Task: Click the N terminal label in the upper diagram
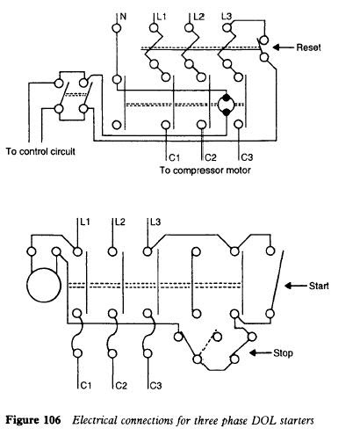click(123, 17)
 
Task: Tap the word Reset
click(308, 47)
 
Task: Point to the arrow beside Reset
click(283, 47)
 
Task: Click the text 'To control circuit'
click(40, 151)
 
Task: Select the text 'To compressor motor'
click(205, 171)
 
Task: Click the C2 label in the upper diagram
click(210, 157)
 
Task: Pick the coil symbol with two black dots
click(226, 105)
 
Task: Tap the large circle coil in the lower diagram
click(44, 285)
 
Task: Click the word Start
click(319, 286)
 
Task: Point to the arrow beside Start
click(296, 286)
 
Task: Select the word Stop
click(283, 353)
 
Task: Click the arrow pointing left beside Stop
click(260, 352)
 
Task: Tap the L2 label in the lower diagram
click(119, 222)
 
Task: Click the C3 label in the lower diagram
click(155, 386)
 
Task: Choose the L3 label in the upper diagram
click(227, 17)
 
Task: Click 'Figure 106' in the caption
click(33, 420)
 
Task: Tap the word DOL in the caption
click(263, 420)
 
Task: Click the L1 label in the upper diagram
click(161, 17)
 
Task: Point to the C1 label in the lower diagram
click(85, 386)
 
